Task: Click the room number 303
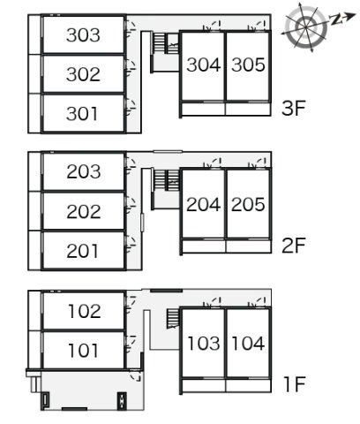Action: (x=83, y=35)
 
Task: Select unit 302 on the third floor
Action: (x=83, y=74)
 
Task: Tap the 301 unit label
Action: (x=82, y=114)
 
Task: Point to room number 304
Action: (x=204, y=64)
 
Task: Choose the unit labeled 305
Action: (x=248, y=64)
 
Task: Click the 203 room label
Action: (x=84, y=171)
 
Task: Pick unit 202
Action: (x=84, y=211)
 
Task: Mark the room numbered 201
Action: (x=82, y=251)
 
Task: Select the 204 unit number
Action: (x=204, y=204)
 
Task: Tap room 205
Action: (x=248, y=204)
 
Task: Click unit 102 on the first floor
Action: (x=85, y=311)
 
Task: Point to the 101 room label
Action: (x=83, y=351)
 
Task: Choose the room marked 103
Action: (x=204, y=344)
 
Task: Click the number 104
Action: (x=248, y=344)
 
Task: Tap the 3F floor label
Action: (x=294, y=108)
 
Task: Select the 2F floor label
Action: (x=294, y=246)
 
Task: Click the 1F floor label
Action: (x=295, y=384)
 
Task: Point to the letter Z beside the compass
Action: (x=335, y=19)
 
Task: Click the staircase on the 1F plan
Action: (x=173, y=318)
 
